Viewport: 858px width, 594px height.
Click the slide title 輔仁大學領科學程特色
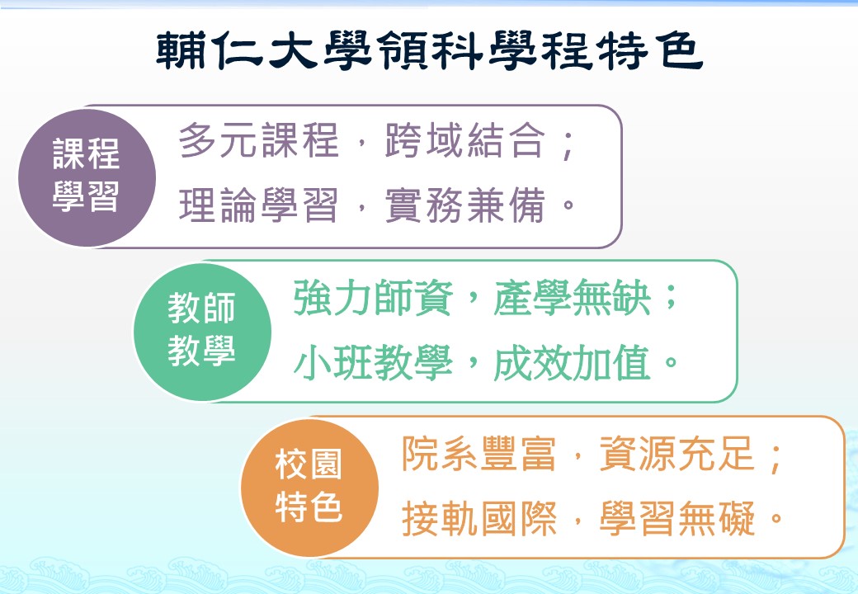(x=429, y=50)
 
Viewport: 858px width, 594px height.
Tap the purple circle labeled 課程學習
(x=87, y=177)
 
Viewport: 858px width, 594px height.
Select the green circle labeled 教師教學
(x=202, y=332)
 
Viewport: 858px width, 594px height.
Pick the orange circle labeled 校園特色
(x=309, y=488)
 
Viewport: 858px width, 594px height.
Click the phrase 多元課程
(x=259, y=140)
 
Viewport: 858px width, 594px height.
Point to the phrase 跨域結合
(x=465, y=140)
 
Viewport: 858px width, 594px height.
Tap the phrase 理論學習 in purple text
(x=259, y=205)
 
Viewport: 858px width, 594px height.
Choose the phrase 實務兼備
(x=465, y=205)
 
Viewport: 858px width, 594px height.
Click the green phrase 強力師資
(x=373, y=298)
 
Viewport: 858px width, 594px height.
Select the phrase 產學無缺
(x=572, y=298)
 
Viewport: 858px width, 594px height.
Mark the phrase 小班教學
(x=373, y=362)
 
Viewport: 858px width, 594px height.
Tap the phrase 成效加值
(x=572, y=362)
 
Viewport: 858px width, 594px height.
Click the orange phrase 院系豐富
(x=479, y=454)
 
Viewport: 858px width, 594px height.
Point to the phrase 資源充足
(x=677, y=454)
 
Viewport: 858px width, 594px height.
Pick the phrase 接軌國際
(x=479, y=518)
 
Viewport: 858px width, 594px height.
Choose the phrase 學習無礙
(x=677, y=518)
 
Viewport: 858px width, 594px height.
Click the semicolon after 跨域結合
(x=568, y=144)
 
